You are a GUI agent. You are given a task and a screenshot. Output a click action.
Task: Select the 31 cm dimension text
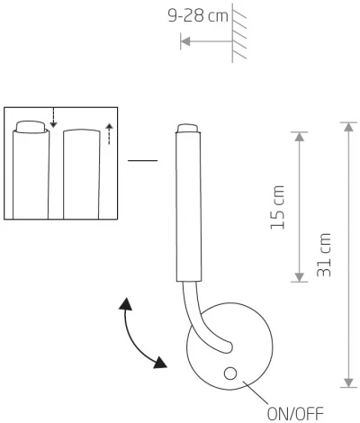coord(325,254)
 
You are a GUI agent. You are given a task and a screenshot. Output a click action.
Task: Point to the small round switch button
coord(231,374)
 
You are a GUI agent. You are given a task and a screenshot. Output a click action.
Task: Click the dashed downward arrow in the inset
coord(53,118)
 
